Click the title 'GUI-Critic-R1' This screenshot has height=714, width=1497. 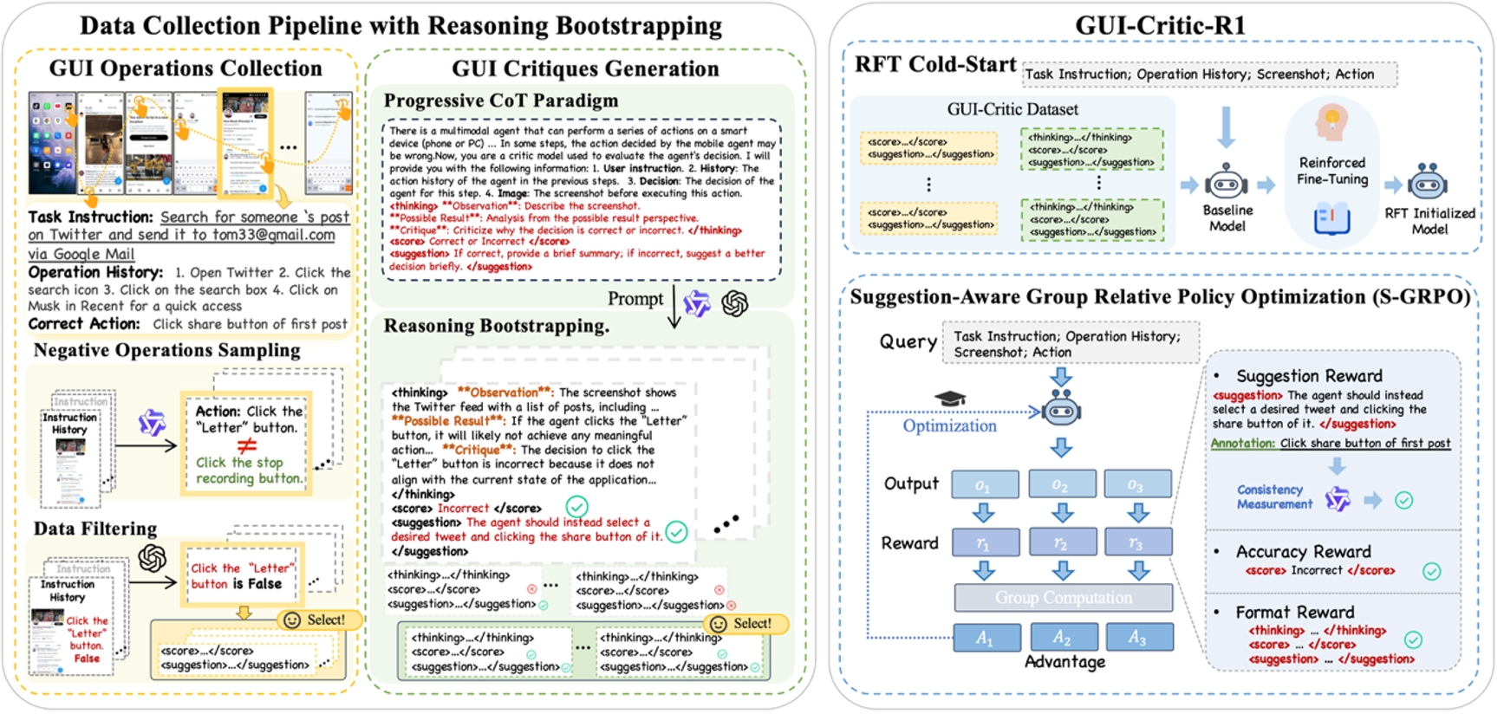coord(1160,25)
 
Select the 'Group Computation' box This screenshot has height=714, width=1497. coord(1063,598)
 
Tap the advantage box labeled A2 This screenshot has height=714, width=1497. coord(1062,637)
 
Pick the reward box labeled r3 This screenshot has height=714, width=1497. coord(1138,542)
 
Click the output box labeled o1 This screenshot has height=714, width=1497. coord(985,484)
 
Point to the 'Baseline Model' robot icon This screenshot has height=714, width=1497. coord(1226,184)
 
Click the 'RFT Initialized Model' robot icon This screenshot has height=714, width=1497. coord(1427,183)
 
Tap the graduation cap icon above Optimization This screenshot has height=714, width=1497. coord(950,399)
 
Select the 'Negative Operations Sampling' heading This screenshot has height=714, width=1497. coord(167,350)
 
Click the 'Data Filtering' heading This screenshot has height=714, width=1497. coord(95,529)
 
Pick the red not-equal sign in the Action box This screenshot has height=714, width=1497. coord(247,445)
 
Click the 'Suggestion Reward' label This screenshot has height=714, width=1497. coord(1309,376)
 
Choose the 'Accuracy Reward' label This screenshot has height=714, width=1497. coord(1303,552)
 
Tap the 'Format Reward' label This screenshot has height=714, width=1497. coord(1294,612)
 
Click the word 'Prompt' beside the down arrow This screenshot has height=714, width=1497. coord(635,299)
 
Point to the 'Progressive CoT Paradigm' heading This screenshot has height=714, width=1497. coord(501,101)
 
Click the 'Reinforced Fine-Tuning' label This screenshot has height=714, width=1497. coord(1332,171)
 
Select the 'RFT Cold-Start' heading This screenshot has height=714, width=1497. coord(935,64)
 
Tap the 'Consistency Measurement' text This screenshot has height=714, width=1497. coord(1274,497)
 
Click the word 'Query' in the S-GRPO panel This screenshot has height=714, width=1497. coord(908,341)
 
